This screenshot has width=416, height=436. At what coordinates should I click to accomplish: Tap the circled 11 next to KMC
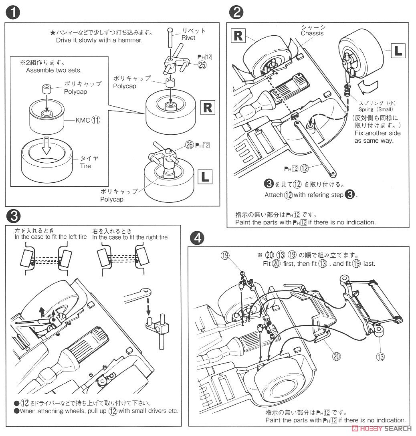(95, 119)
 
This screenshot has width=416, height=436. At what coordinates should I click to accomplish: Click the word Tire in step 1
(85, 166)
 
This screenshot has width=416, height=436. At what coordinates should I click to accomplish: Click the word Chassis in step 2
(312, 33)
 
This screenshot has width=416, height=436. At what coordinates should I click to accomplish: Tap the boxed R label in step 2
(238, 36)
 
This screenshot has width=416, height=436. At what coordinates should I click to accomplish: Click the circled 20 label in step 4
(336, 355)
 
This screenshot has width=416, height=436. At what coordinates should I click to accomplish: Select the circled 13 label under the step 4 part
(379, 355)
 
